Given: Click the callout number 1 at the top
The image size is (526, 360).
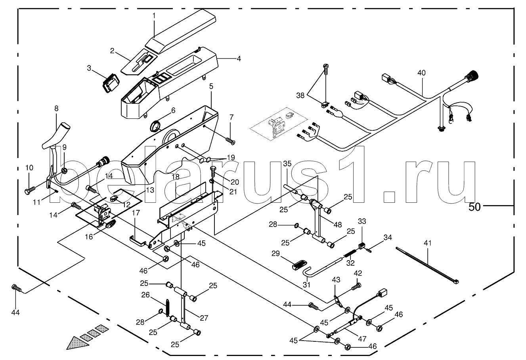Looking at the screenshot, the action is pos(154,16).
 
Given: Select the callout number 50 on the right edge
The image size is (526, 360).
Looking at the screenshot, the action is pos(474,207).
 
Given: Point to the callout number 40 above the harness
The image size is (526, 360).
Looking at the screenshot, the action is pos(421,73).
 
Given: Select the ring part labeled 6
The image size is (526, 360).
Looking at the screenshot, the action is pos(155,126).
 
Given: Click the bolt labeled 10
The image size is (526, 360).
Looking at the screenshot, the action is pos(30,190).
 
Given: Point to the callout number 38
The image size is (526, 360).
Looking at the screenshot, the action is pos(300,95).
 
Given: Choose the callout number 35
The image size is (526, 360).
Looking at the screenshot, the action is pos(287,164).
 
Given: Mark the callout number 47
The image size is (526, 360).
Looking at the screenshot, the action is pos(362,339).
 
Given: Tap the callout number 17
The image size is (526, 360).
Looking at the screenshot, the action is pos(136,213).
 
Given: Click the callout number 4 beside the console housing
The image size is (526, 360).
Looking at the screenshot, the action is pos(239,59).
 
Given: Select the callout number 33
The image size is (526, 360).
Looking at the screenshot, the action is pos(362,221).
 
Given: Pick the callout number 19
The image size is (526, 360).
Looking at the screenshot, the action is pos(231,157).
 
